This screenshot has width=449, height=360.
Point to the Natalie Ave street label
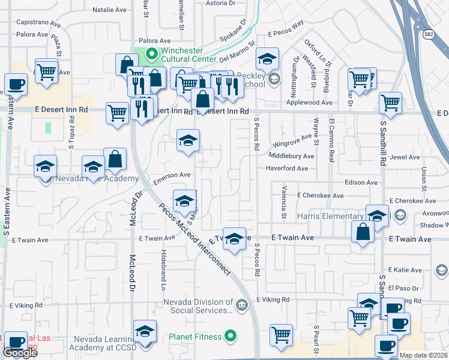pos(110,10)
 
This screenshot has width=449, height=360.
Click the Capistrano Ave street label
pos(39,25)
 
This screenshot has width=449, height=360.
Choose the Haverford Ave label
pos(287,169)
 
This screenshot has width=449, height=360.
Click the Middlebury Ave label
pos(291,156)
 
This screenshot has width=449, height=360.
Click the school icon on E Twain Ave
pos(235,238)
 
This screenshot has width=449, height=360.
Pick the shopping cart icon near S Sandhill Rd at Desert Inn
pos(390,103)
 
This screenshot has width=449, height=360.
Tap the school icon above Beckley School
pos(267,59)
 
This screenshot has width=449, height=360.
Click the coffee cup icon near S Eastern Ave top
pos(16,84)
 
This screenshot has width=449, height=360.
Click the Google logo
pos(20,353)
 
